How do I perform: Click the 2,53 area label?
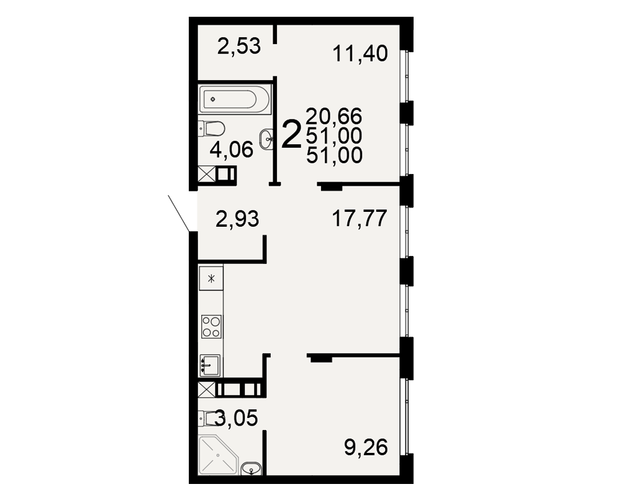click(239, 46)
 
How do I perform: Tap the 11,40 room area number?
click(360, 53)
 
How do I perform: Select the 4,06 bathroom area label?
click(232, 150)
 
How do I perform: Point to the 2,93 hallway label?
click(237, 219)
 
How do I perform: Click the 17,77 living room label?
click(359, 219)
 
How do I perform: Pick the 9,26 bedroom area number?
click(366, 447)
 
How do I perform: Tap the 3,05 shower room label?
click(237, 417)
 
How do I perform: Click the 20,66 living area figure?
click(334, 116)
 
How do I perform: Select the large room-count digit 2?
click(291, 135)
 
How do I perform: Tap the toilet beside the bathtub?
click(212, 129)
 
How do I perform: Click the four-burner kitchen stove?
click(212, 327)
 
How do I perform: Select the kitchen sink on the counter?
click(210, 365)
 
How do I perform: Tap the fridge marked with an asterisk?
click(211, 278)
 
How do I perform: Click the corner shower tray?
click(219, 455)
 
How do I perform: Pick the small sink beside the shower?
click(252, 468)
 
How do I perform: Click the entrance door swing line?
click(179, 213)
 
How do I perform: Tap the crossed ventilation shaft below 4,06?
click(206, 175)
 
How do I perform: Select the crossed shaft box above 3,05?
click(206, 390)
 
